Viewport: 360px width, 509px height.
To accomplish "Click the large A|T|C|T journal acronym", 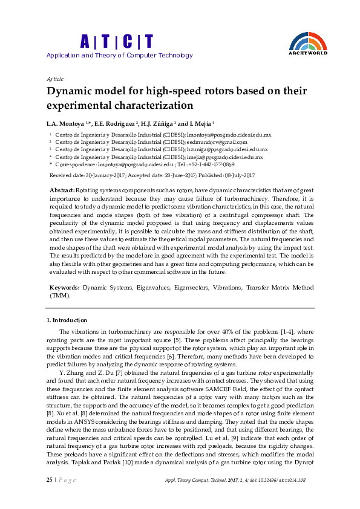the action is coord(117,42).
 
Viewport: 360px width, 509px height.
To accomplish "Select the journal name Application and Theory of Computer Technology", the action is coord(120,56).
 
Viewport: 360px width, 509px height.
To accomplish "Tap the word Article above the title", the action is coord(55,79).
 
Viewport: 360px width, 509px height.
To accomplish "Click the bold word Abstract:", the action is coord(62,190).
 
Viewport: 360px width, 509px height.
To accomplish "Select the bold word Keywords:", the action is coord(65,289).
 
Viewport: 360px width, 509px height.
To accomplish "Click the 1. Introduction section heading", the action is coord(67,320).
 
